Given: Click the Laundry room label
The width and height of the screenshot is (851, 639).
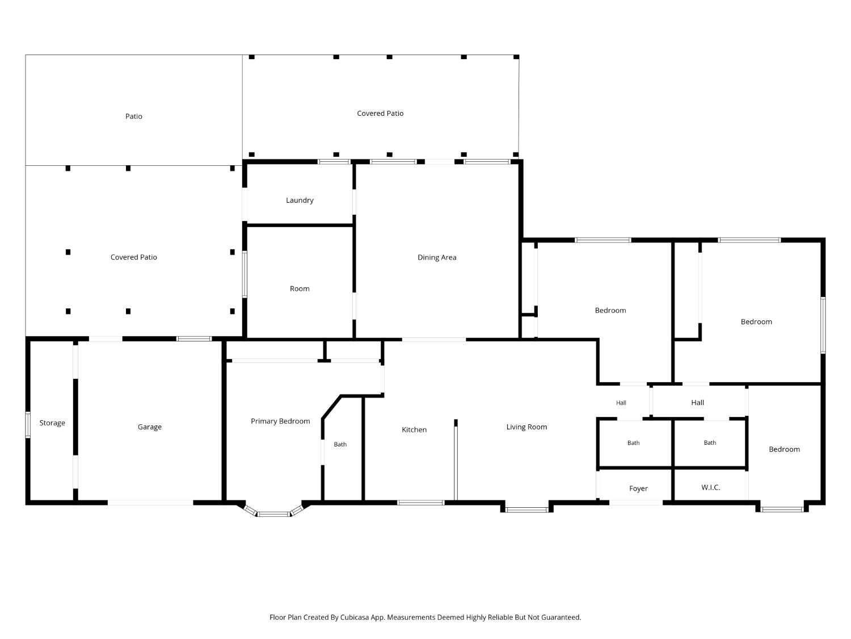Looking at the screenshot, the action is pos(300,200).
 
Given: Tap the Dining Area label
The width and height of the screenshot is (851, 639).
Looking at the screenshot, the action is pos(436,257).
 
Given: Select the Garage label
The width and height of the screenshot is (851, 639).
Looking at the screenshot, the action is pos(149,427).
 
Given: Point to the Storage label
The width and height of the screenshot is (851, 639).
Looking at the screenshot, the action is pos(52,423).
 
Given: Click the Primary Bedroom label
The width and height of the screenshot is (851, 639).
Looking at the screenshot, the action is pos(280,421).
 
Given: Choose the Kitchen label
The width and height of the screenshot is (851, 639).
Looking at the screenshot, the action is pos(414,429).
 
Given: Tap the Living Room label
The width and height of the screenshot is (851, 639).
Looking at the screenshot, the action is pos(526,427).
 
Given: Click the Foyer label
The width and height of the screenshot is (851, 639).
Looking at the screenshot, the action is pos(638,488).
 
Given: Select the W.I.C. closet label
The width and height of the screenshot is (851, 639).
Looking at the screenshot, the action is pos(710,487).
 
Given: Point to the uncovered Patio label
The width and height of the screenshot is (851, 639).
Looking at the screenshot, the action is pos(133,116).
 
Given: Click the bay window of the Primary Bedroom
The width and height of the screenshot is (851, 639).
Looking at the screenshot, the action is pos(273,512).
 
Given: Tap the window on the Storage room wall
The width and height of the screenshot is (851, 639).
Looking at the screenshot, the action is pos(28,425).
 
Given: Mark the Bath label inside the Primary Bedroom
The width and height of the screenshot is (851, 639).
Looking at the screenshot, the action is pos(340,444).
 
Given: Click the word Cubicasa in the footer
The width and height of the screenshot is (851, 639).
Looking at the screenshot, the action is pos(354,617).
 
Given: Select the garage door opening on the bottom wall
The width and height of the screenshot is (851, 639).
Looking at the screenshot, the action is pos(150,503).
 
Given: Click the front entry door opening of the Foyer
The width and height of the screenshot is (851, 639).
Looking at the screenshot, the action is pos(635,503).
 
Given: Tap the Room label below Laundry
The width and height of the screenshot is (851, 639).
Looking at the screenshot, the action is pos(300,289).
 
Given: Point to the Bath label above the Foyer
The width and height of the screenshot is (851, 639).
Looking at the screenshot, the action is pos(633,442).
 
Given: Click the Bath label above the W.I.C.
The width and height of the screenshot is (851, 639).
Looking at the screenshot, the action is pos(710,442).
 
